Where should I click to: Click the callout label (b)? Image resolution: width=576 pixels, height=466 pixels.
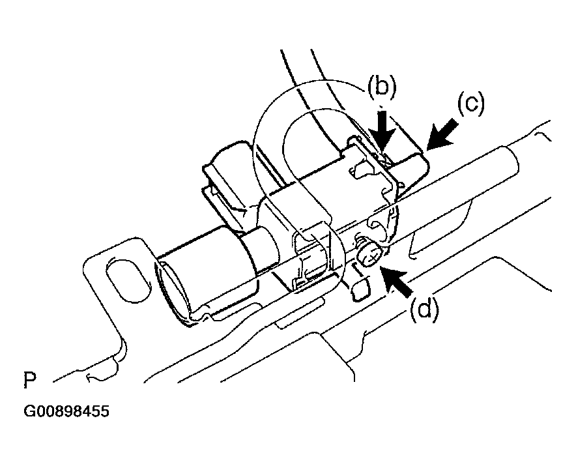382,87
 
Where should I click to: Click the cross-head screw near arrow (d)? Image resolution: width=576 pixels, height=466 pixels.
369,254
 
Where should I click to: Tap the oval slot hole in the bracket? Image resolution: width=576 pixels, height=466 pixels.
127,280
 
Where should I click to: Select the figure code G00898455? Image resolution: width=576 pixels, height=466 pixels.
66,411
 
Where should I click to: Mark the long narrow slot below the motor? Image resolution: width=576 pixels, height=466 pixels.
298,313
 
